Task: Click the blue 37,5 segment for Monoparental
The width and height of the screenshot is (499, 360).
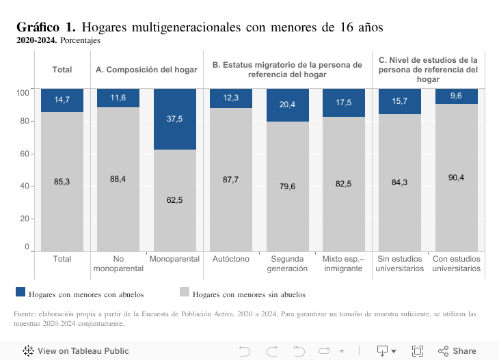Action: [x=175, y=119]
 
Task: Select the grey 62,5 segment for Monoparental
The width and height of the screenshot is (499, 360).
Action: [x=175, y=200]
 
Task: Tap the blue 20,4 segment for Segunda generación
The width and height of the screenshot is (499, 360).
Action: [x=288, y=105]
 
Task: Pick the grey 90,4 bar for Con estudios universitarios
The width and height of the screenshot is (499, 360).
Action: [x=456, y=178]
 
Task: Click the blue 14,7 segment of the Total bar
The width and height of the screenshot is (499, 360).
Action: [x=62, y=100]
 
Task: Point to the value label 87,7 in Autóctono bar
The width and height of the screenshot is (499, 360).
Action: [x=231, y=180]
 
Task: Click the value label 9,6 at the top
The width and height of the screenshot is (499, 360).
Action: [x=456, y=96]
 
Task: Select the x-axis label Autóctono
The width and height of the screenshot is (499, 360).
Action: [x=231, y=260]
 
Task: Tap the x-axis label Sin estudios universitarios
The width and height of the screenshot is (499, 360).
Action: [x=400, y=264]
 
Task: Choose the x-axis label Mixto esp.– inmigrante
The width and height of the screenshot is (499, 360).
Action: [x=344, y=264]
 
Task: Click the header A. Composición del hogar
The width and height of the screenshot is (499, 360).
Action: [x=146, y=70]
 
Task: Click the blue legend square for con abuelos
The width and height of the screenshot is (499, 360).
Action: [x=21, y=292]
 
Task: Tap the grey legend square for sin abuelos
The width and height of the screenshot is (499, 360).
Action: [x=184, y=292]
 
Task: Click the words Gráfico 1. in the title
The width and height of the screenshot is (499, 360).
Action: [x=46, y=27]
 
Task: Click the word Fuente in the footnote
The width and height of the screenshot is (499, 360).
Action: [x=24, y=314]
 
